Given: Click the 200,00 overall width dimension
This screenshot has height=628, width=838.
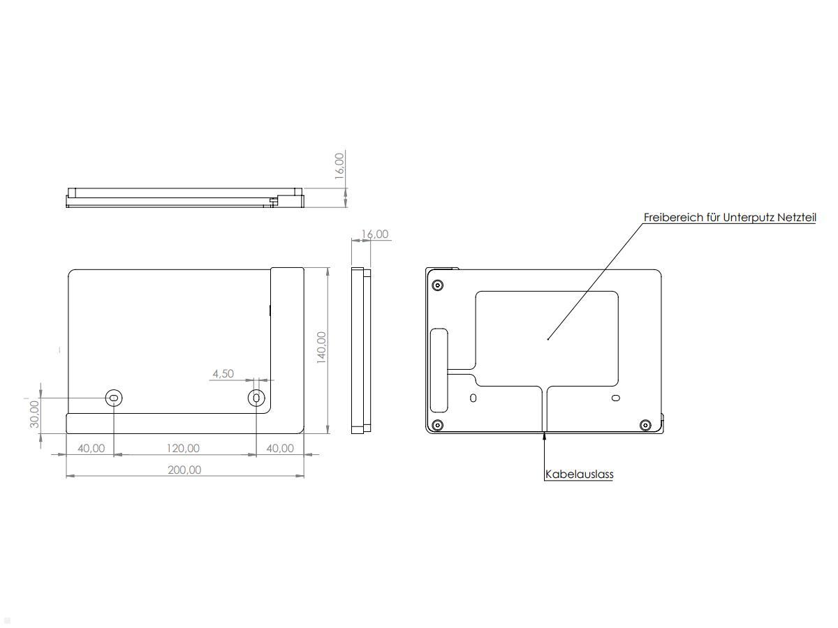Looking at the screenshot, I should (184, 470).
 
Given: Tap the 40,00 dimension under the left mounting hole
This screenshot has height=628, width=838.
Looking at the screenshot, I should (91, 448).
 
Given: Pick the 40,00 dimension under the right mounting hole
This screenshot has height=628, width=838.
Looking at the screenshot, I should (280, 448).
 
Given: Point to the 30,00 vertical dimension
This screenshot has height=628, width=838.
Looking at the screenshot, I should (34, 415).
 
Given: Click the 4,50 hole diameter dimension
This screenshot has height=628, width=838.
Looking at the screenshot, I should (223, 373).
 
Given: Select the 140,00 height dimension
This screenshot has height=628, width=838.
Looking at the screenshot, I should (321, 347).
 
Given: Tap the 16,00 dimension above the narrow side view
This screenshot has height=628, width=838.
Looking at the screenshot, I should (375, 234).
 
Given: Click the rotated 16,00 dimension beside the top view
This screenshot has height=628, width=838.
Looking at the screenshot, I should (339, 166).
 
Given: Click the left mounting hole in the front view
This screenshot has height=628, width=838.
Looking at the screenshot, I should (114, 398).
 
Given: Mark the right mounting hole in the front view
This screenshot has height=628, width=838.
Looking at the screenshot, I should (257, 398).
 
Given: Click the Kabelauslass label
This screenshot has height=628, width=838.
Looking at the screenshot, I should (579, 474).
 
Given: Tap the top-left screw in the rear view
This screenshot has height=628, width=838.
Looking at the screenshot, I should (438, 285).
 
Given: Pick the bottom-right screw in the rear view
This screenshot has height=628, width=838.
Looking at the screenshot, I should (645, 424).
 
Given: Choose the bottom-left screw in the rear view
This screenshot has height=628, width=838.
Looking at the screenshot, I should (438, 425).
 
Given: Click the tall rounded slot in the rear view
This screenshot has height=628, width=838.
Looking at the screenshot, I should (440, 370).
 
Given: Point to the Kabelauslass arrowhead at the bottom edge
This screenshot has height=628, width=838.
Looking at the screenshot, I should (545, 437).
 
